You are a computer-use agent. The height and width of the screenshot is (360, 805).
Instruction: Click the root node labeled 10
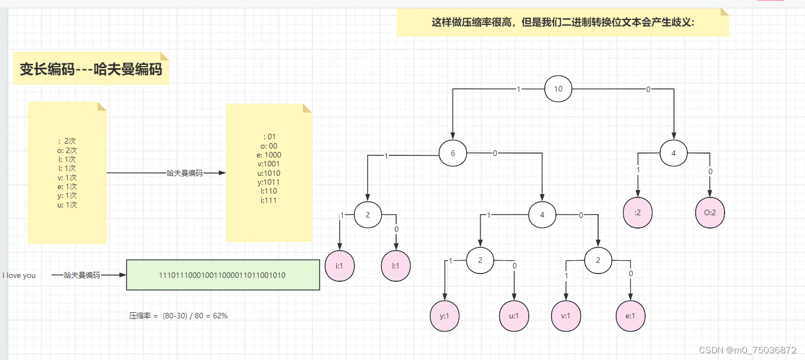[558, 89]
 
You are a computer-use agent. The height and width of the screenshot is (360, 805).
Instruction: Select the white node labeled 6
[453, 154]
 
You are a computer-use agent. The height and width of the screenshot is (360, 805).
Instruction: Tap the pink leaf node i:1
[340, 266]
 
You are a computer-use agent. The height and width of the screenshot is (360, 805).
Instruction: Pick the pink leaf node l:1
[396, 266]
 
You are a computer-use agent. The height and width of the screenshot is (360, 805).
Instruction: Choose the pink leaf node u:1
[514, 316]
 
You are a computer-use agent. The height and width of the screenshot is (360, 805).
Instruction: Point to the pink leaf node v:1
[566, 316]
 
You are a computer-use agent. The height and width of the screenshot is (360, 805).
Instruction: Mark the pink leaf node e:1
[631, 316]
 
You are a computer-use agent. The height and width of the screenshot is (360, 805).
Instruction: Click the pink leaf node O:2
[710, 212]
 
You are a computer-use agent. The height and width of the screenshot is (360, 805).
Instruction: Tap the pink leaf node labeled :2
[637, 212]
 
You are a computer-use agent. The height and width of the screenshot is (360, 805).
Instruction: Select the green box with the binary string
[223, 275]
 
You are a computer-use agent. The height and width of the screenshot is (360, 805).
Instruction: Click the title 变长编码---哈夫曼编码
[91, 69]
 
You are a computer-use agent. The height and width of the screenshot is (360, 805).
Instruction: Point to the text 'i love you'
[19, 275]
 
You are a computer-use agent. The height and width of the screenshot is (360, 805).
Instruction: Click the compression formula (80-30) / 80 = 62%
[179, 316]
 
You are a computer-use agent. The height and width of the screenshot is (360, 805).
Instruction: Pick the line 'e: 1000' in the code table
[269, 155]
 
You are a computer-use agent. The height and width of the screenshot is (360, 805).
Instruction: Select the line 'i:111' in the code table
[269, 200]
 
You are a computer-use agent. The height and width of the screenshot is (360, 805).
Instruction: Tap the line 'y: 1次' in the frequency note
[67, 195]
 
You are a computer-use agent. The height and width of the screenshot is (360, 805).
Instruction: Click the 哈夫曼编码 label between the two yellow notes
[185, 173]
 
